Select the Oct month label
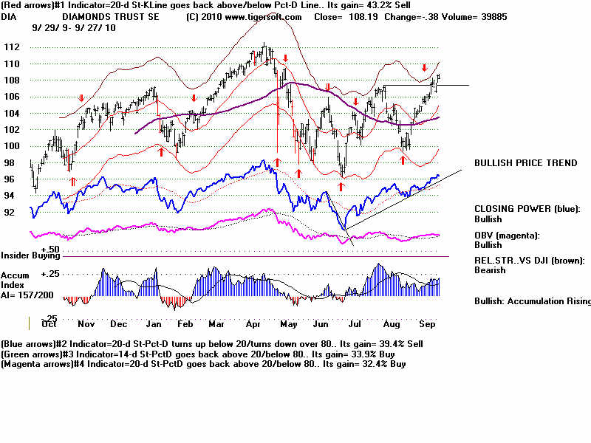pyautogui.click(x=50, y=324)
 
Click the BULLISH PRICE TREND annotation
pyautogui.click(x=525, y=163)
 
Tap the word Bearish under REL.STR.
pyautogui.click(x=491, y=270)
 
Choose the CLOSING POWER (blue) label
pyautogui.click(x=527, y=209)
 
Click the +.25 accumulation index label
pyautogui.click(x=50, y=274)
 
